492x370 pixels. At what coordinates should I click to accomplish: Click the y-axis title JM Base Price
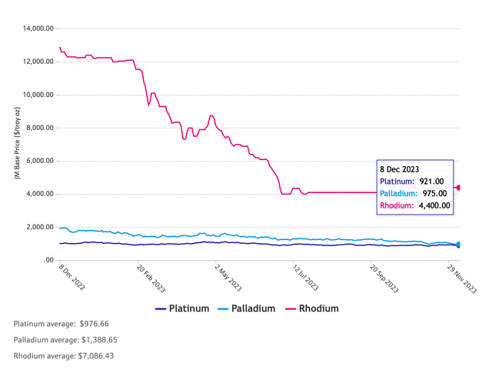point(17,145)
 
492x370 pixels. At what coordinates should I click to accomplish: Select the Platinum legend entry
point(182,308)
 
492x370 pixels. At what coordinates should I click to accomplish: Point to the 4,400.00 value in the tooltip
point(434,205)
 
